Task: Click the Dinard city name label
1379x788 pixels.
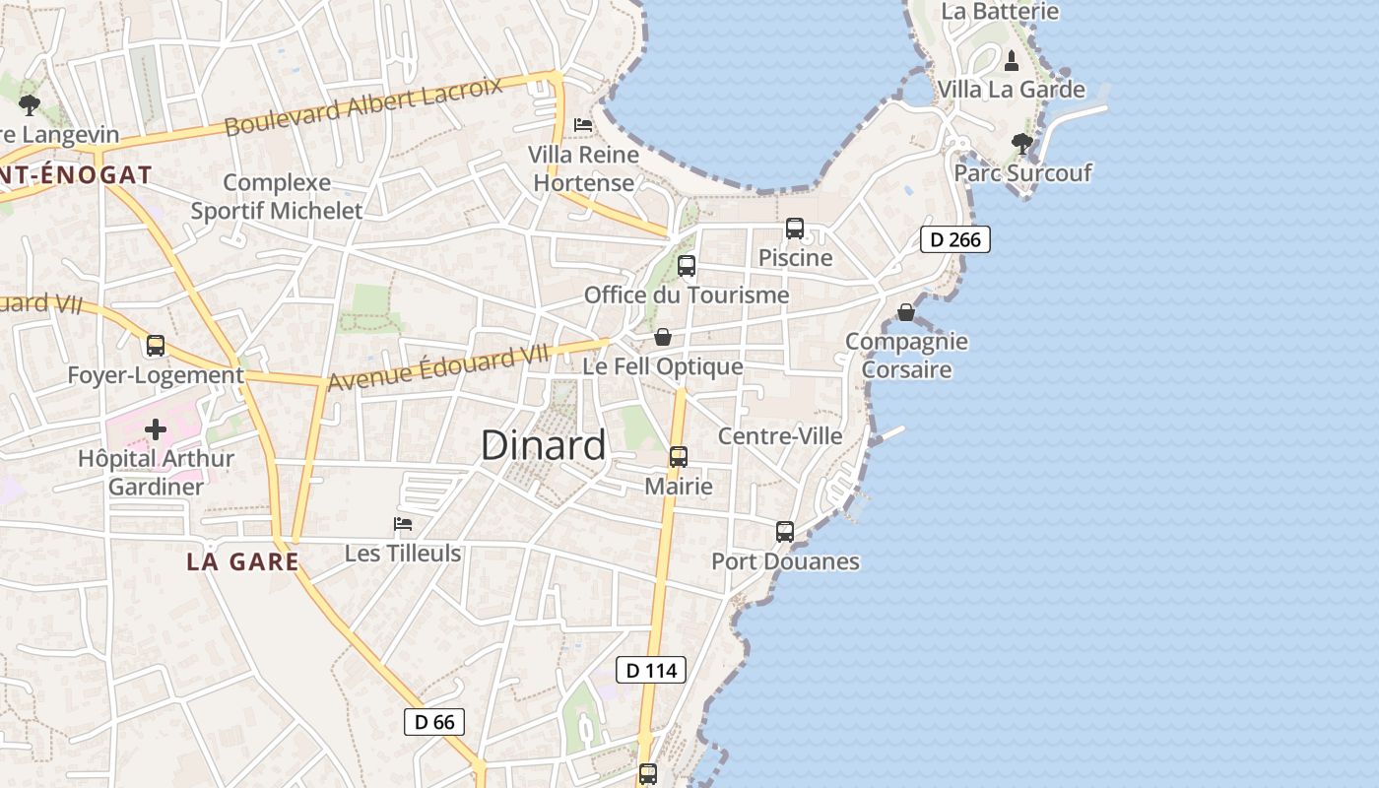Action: [x=544, y=446]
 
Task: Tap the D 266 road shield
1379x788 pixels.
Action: [x=954, y=239]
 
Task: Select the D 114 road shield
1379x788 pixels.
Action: [x=650, y=671]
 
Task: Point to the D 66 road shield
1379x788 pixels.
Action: [x=434, y=722]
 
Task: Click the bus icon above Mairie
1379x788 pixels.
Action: [x=678, y=457]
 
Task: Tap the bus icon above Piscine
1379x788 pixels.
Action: [x=795, y=229]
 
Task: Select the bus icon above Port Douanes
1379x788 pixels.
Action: [x=784, y=532]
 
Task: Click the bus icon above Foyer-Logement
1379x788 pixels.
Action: [x=156, y=346]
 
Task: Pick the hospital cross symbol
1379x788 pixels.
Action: [x=156, y=429]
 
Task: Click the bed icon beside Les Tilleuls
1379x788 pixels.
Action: [x=403, y=524]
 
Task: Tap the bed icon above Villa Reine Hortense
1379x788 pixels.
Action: [x=583, y=125]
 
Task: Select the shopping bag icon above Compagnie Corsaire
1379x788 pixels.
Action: [x=906, y=312]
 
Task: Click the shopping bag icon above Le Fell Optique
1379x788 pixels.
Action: [x=664, y=337]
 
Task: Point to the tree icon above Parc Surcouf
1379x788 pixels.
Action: [x=1022, y=144]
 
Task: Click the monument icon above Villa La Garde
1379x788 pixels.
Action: [x=1011, y=61]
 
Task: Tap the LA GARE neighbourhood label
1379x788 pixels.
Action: [x=242, y=561]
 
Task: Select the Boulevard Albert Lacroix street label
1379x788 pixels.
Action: [x=363, y=105]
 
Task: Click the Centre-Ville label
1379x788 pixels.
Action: [x=780, y=436]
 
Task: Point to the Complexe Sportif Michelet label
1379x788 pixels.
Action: [x=277, y=196]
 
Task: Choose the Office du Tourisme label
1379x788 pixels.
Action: [x=687, y=295]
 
